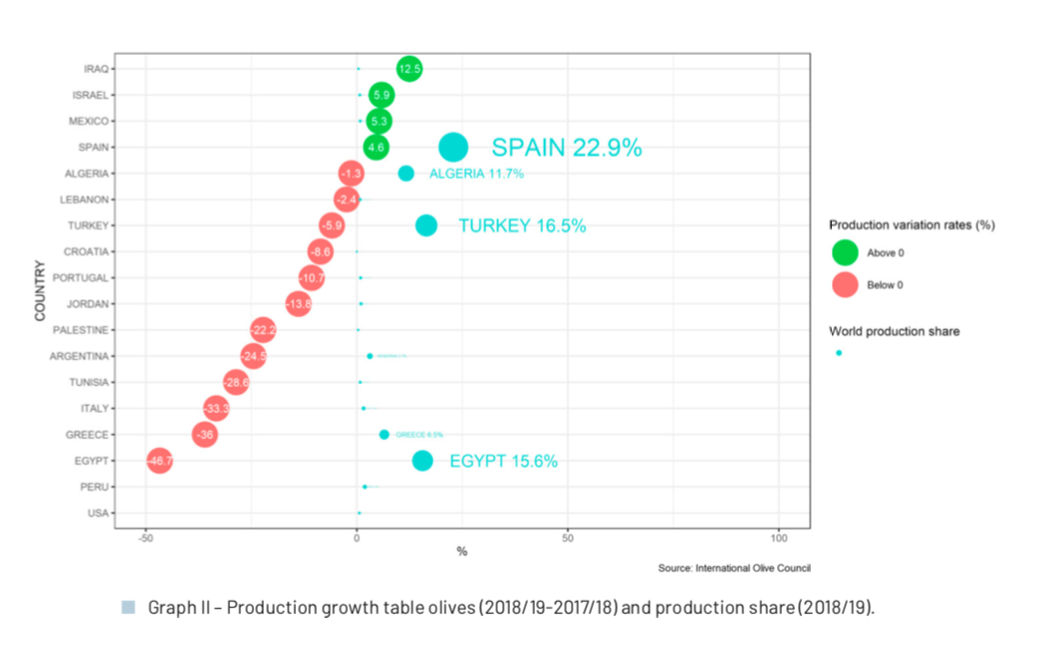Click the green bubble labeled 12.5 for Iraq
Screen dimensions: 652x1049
tap(409, 69)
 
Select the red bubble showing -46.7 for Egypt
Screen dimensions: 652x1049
tap(159, 461)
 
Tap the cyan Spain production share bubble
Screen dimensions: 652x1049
tap(453, 147)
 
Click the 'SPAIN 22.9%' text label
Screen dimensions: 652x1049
tap(566, 148)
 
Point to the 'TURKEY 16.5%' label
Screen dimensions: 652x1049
tap(522, 225)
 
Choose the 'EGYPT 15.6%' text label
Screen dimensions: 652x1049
tap(503, 461)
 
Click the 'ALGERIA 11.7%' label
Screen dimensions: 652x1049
tap(476, 173)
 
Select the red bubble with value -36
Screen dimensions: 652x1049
tap(205, 435)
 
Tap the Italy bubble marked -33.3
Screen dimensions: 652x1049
tap(216, 409)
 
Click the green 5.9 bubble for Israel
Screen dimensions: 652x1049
tap(382, 95)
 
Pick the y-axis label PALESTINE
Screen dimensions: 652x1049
tap(85, 330)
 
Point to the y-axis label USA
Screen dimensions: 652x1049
tap(99, 513)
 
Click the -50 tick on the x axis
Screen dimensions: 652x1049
tap(146, 537)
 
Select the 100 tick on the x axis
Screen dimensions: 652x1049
tap(779, 537)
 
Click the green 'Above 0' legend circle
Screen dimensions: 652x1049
tap(845, 252)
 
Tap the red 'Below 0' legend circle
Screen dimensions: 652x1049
tap(845, 284)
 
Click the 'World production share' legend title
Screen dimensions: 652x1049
tap(894, 331)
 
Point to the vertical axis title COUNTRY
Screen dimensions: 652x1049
tap(40, 290)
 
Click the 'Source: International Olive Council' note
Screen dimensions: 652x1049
tap(734, 568)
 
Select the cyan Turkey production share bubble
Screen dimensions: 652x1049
tap(426, 225)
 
